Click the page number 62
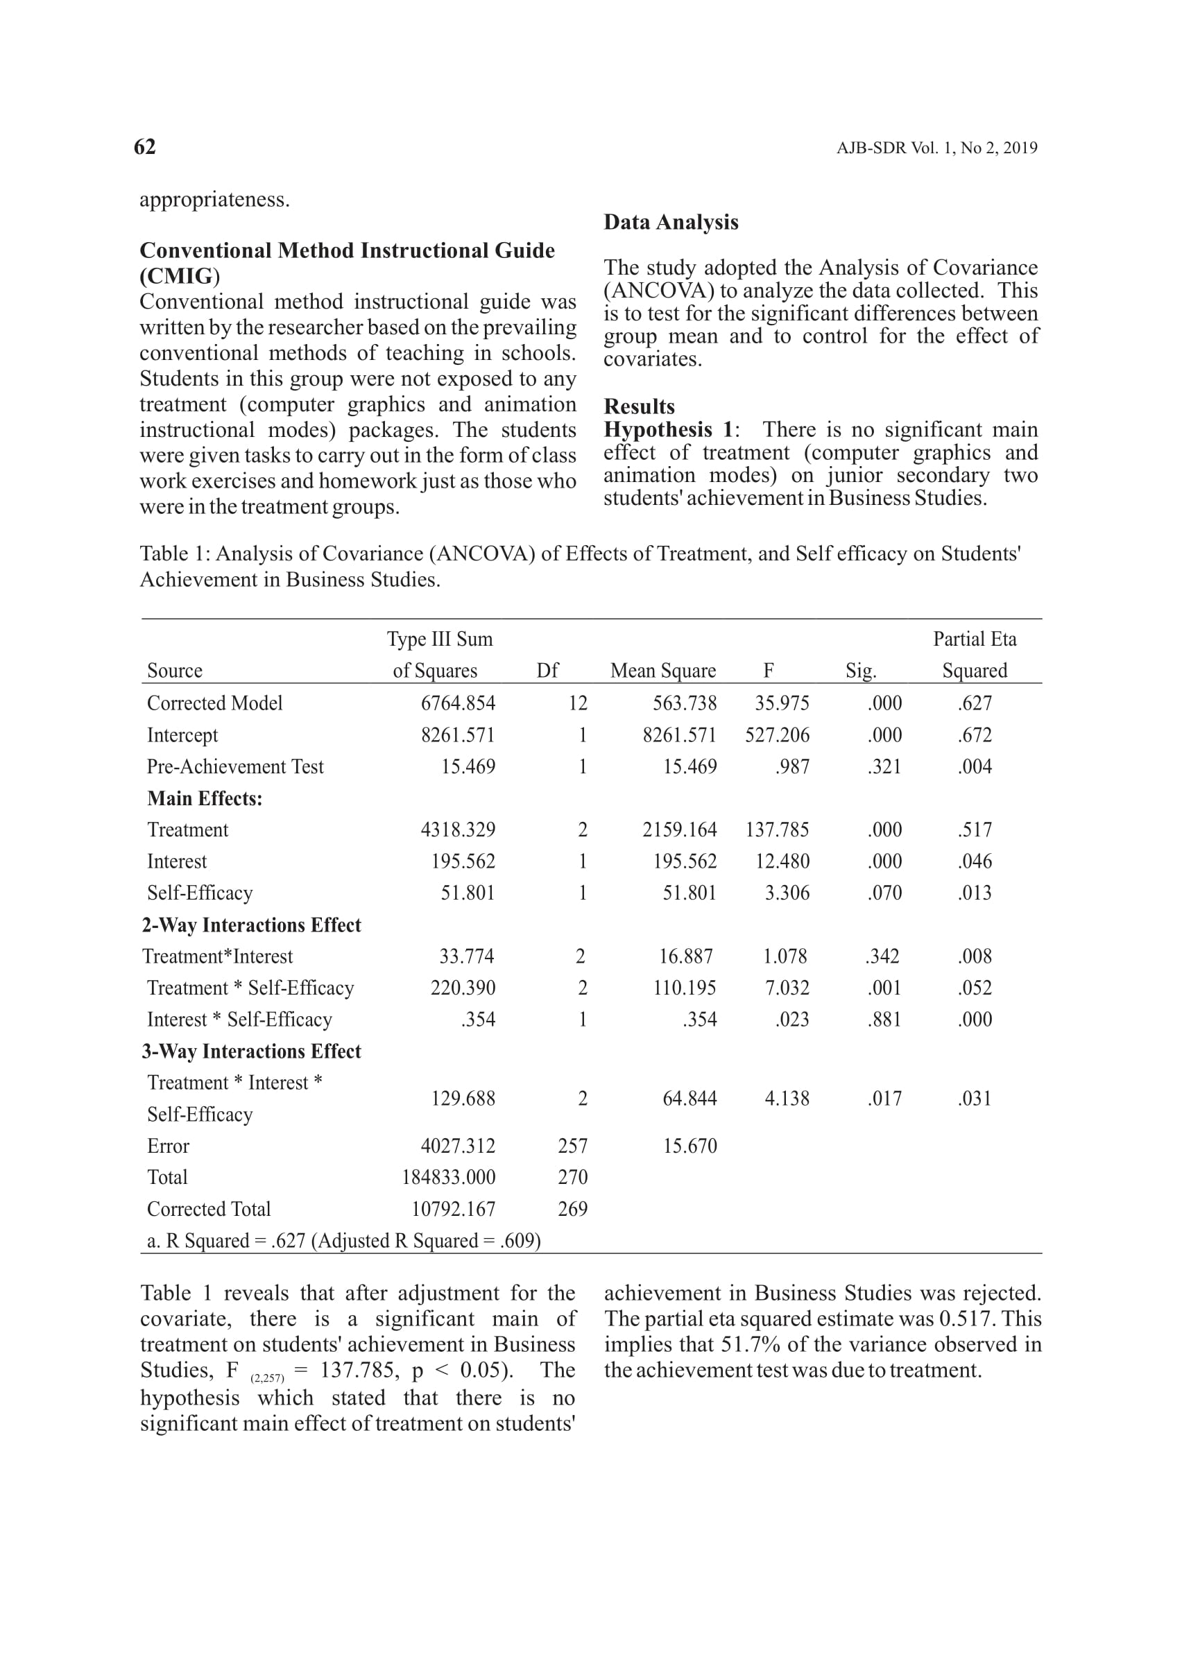click(145, 147)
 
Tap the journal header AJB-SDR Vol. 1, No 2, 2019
click(936, 148)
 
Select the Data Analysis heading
click(670, 222)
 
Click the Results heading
click(639, 406)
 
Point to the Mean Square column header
click(662, 670)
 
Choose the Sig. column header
click(860, 670)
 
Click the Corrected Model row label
click(215, 703)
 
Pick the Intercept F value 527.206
click(777, 735)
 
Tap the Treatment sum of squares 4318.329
click(458, 830)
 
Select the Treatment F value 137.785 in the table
click(777, 830)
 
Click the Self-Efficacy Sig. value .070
click(884, 893)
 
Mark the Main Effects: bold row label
click(205, 798)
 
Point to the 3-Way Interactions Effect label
click(251, 1051)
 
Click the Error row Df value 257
click(572, 1146)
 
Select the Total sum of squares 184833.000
click(448, 1178)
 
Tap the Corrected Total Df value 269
click(572, 1209)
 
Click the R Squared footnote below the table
click(343, 1241)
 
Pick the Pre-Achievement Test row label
click(235, 766)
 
